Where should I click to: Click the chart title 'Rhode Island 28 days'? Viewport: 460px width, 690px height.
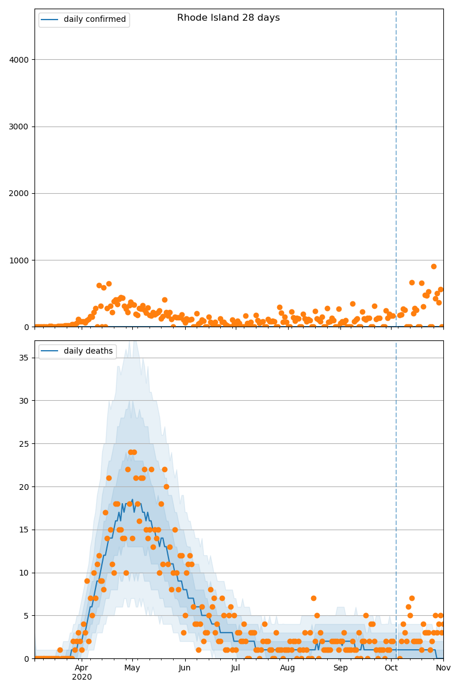pos(228,18)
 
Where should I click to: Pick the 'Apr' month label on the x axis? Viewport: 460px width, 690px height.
pos(82,668)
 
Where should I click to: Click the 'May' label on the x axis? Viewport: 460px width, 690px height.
pos(132,668)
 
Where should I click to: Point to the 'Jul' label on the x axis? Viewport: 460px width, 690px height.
pos(236,668)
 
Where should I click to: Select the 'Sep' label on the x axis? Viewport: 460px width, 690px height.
pos(340,668)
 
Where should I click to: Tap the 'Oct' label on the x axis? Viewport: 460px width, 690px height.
pos(391,668)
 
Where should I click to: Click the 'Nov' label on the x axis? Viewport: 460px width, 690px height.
pos(443,668)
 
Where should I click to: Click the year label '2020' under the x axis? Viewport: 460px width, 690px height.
pos(82,677)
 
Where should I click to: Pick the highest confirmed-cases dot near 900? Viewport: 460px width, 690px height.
pos(434,266)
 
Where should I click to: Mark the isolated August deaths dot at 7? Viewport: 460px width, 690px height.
pos(313,598)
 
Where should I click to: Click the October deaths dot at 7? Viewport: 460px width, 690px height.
pos(412,598)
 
